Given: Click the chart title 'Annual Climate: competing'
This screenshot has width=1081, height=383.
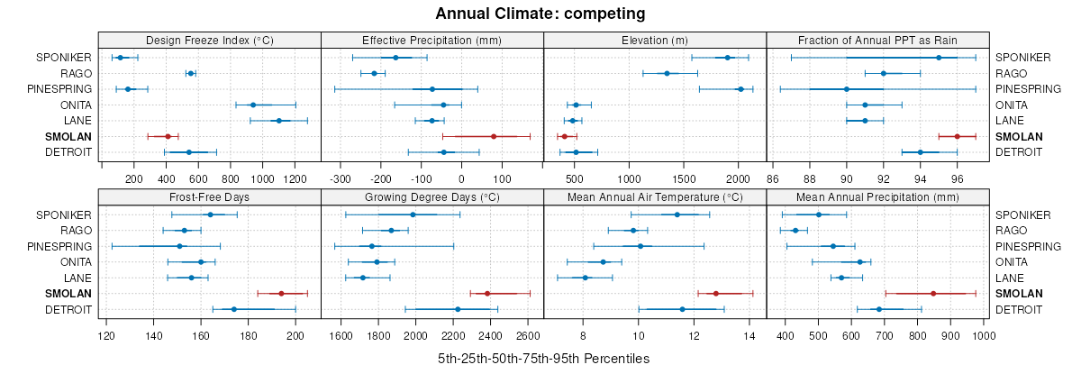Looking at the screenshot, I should click(x=540, y=14).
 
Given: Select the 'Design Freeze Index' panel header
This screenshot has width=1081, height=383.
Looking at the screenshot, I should click(x=209, y=40).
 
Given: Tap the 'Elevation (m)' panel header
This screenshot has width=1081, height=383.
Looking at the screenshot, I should click(x=655, y=40).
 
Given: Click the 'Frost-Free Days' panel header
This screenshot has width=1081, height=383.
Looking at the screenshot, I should click(x=209, y=197).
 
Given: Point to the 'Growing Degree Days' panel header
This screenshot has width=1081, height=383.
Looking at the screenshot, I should click(x=431, y=197).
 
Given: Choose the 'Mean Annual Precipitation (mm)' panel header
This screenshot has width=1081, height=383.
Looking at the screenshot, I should click(x=877, y=197).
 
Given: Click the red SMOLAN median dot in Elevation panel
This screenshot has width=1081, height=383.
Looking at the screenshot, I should click(x=565, y=136).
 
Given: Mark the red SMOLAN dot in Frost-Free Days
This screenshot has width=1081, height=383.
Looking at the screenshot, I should click(x=281, y=294).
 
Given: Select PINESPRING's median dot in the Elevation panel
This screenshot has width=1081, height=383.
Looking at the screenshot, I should click(x=740, y=89).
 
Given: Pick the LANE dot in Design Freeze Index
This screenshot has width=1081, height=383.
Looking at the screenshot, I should click(x=278, y=121).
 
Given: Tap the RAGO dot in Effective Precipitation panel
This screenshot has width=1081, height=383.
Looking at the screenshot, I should click(x=374, y=73).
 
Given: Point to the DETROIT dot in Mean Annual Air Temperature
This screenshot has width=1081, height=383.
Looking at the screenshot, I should click(x=682, y=309).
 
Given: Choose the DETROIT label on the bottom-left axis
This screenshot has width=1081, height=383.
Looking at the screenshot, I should click(x=69, y=310).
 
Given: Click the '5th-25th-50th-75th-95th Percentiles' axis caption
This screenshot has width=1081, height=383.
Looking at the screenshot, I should click(x=543, y=359).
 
